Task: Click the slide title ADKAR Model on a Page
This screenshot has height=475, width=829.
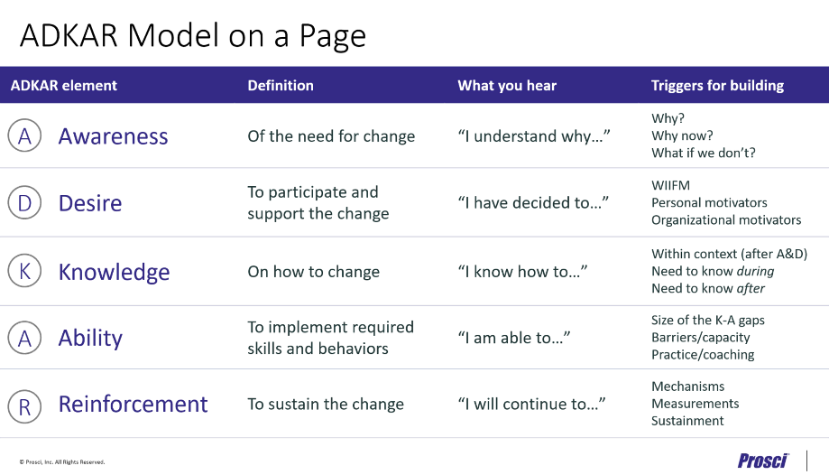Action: (193, 35)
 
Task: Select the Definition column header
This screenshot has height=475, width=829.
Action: (281, 86)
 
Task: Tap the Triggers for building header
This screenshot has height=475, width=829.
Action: (717, 86)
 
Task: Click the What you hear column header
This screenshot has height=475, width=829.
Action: (507, 86)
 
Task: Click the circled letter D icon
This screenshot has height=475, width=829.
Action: (24, 203)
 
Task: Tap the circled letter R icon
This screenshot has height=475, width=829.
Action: (24, 405)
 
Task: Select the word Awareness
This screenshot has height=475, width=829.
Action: (114, 136)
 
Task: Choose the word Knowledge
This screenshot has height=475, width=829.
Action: (114, 272)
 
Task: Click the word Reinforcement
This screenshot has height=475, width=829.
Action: (133, 404)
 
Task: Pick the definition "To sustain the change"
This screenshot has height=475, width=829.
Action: (326, 404)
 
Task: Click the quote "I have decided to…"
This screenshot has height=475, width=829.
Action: (533, 203)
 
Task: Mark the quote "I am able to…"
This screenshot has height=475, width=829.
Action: (514, 338)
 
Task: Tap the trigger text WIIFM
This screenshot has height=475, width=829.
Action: (670, 186)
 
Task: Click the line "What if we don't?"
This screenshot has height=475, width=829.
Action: (704, 153)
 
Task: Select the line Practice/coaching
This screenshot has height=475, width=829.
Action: (703, 355)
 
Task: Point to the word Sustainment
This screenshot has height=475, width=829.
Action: (687, 421)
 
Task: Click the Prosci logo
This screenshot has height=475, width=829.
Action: (763, 461)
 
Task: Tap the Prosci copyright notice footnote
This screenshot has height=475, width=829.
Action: (62, 461)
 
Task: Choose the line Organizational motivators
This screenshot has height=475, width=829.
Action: (726, 219)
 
